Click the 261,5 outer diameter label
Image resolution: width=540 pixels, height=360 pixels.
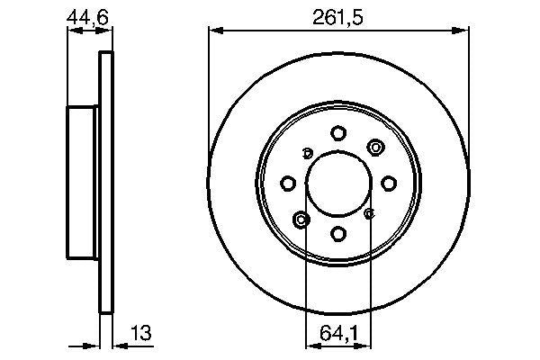(x=338, y=16)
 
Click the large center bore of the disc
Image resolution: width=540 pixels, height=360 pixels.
(x=338, y=184)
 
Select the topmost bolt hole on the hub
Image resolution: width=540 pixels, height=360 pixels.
(x=338, y=133)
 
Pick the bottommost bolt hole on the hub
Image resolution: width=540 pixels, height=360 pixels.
(x=338, y=234)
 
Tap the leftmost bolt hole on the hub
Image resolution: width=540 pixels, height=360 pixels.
(x=288, y=184)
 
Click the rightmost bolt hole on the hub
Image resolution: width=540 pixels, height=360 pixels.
(x=389, y=184)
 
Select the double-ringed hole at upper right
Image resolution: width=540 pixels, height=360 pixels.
(x=374, y=148)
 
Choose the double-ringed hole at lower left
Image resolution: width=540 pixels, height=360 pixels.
(x=302, y=219)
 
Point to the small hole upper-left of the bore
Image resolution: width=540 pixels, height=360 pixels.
(x=308, y=152)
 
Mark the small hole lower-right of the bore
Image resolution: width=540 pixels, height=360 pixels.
(x=369, y=214)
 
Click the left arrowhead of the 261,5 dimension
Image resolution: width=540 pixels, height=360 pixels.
(x=213, y=31)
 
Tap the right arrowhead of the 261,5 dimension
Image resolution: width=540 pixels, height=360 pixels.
(x=465, y=31)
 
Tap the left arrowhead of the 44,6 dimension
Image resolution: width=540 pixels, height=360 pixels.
(x=72, y=31)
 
